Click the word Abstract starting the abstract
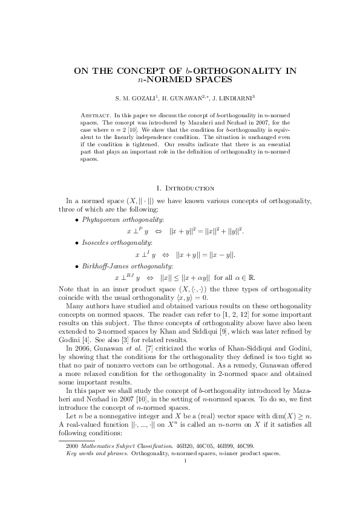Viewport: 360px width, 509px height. pos(96,114)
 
